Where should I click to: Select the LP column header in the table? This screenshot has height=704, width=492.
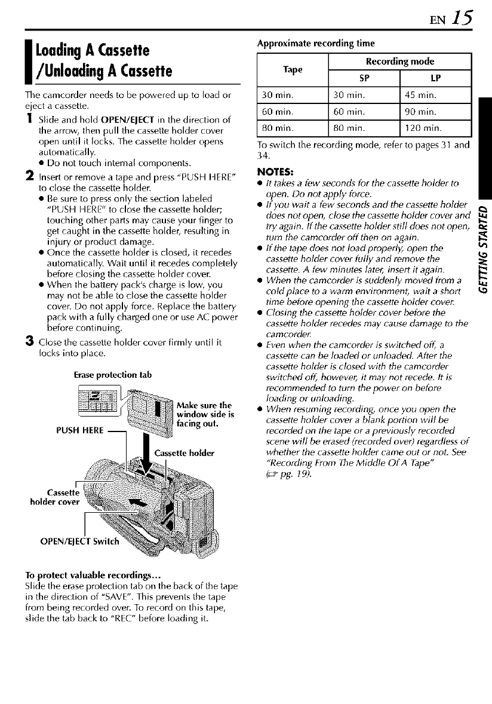pyautogui.click(x=434, y=79)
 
